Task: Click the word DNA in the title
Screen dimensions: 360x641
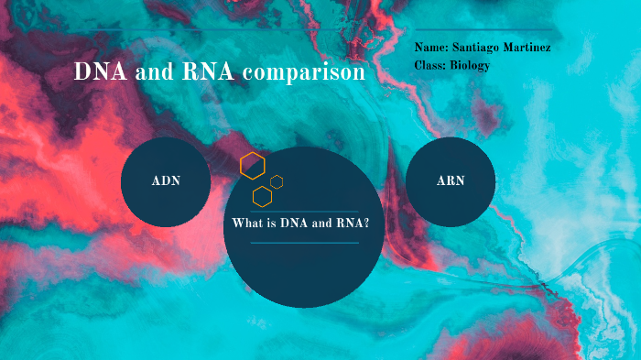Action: pyautogui.click(x=100, y=72)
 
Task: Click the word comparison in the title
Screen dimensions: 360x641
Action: pyautogui.click(x=305, y=73)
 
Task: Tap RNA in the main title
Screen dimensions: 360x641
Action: pyautogui.click(x=212, y=72)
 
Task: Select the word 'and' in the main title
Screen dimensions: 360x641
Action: pyautogui.click(x=157, y=73)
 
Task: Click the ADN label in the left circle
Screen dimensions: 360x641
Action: pyautogui.click(x=166, y=180)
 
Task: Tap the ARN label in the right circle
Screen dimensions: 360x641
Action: pyautogui.click(x=451, y=180)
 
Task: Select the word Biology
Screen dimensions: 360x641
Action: pyautogui.click(x=469, y=65)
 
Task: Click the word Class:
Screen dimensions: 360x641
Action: pyautogui.click(x=430, y=65)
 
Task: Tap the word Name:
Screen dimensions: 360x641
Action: pyautogui.click(x=431, y=47)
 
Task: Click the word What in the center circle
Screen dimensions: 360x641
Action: pyautogui.click(x=246, y=224)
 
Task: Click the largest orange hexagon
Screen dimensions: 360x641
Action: pyautogui.click(x=253, y=166)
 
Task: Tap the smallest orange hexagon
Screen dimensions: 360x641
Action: pyautogui.click(x=277, y=181)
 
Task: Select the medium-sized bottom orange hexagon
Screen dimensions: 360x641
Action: pyautogui.click(x=263, y=195)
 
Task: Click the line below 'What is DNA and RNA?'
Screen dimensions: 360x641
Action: pyautogui.click(x=302, y=243)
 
